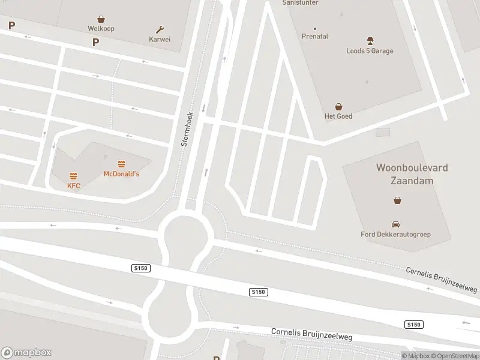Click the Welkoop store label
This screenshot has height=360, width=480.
[101, 28]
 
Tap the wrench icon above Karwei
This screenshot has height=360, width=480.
[160, 29]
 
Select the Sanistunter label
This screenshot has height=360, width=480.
[300, 2]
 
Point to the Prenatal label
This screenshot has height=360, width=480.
[315, 37]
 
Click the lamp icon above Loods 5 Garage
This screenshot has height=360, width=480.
[370, 41]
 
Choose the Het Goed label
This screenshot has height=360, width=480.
[338, 116]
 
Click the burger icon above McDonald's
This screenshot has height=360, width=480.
[122, 164]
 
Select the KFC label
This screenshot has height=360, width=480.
[73, 186]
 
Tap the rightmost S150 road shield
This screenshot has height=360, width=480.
[414, 325]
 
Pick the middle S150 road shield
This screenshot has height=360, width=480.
[257, 292]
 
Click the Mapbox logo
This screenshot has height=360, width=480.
[26, 353]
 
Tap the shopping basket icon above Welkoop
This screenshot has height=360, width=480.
[101, 19]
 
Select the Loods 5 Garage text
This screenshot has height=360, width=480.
[370, 51]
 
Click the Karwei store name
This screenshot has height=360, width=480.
[160, 39]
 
